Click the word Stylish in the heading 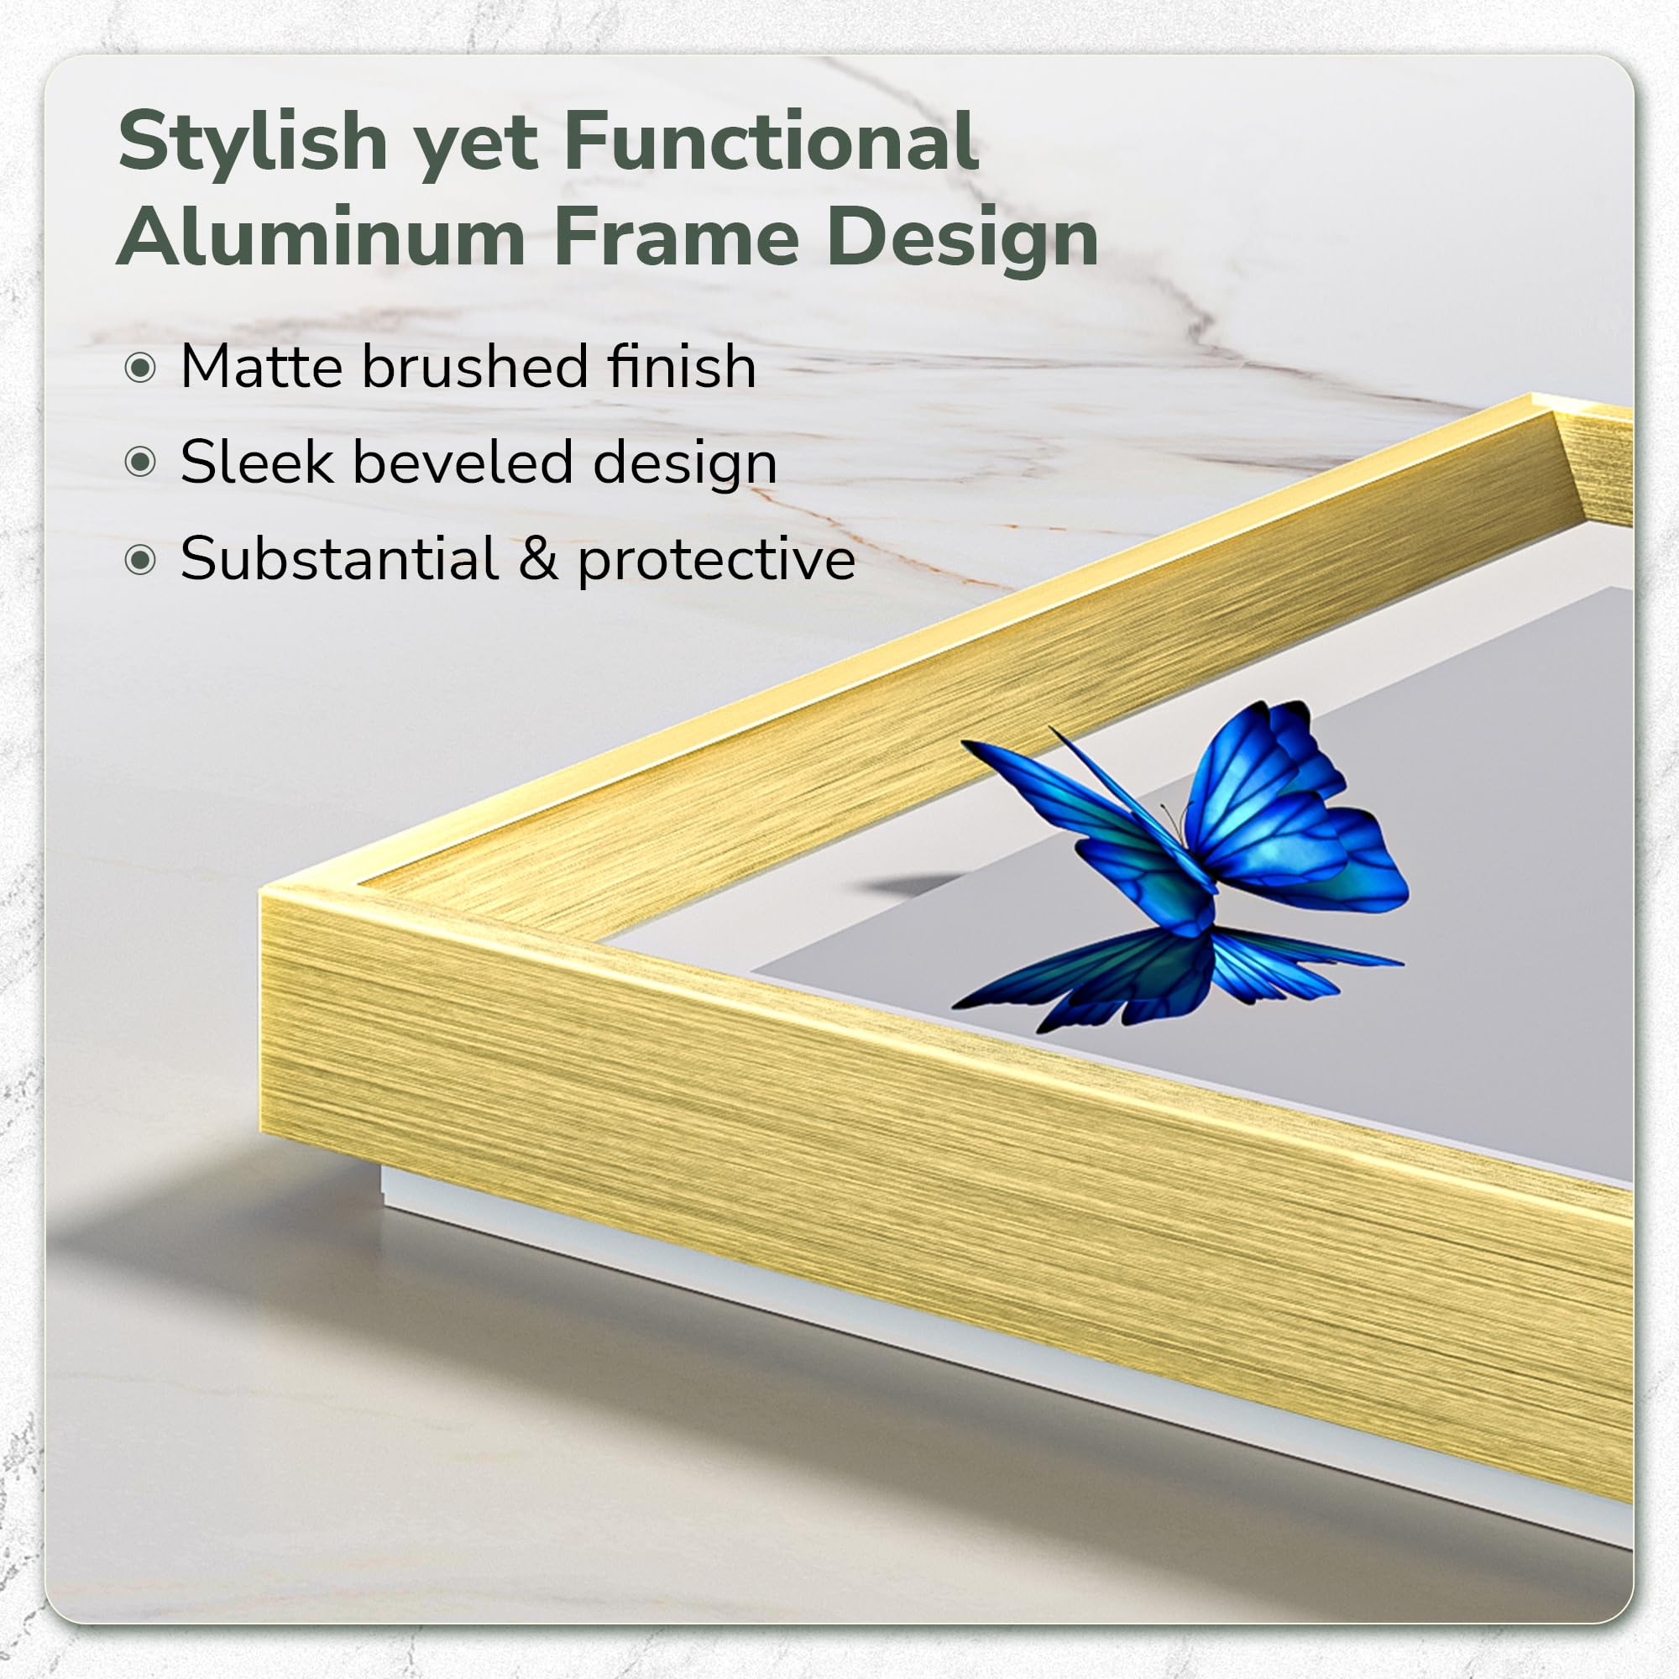click(x=253, y=144)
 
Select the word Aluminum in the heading click(x=322, y=236)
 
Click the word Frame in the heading click(x=677, y=236)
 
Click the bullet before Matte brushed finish click(x=140, y=368)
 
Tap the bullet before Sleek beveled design click(x=140, y=463)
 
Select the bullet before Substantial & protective click(x=140, y=560)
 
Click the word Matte click(x=262, y=366)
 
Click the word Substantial click(x=340, y=558)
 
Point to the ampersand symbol click(x=539, y=559)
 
